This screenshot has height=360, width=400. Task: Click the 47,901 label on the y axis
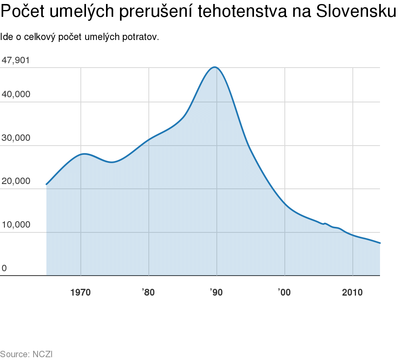tap(16, 60)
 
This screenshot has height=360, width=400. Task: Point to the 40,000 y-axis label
tap(16, 94)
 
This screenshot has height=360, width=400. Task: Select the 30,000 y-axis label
tap(16, 138)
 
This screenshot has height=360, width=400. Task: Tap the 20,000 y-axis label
tap(16, 181)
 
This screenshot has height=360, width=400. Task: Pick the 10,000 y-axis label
tap(16, 225)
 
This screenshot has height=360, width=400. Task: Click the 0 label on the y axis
tap(4, 268)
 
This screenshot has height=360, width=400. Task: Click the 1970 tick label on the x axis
tap(80, 292)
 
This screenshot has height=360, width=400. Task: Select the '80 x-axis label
tap(148, 292)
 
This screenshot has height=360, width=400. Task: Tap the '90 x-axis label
tap(216, 292)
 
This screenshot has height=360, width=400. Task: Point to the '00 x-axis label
tap(284, 292)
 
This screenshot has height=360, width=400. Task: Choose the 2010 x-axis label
tap(352, 292)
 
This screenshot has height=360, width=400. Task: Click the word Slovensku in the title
tap(356, 12)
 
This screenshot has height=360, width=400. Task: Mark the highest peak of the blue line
tap(215, 67)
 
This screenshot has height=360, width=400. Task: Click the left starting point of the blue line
tap(46, 184)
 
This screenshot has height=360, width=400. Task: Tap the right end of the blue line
tap(380, 243)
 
